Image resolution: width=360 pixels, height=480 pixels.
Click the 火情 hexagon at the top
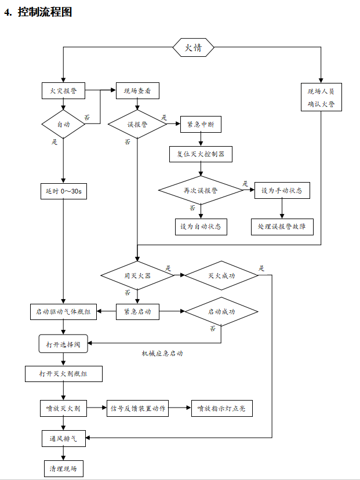pyautogui.click(x=193, y=48)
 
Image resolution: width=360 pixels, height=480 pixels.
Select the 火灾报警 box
pyautogui.click(x=64, y=91)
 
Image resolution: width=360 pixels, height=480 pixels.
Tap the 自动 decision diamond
pyautogui.click(x=64, y=124)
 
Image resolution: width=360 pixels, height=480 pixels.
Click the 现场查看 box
pyautogui.click(x=137, y=91)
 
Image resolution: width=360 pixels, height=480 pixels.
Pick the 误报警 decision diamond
pyautogui.click(x=137, y=124)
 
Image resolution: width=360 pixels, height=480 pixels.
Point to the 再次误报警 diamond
pyautogui.click(x=201, y=190)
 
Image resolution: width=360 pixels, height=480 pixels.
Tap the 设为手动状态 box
pyautogui.click(x=282, y=190)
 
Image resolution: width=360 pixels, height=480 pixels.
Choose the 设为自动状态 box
pyautogui.click(x=201, y=226)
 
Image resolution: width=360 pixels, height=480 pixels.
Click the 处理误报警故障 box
pyautogui.click(x=282, y=226)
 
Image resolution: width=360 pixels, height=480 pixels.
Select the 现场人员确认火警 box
pyautogui.click(x=321, y=98)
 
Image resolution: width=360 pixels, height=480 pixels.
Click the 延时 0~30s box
pyautogui.click(x=64, y=191)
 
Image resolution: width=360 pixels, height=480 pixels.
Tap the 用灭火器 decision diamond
pyautogui.click(x=137, y=275)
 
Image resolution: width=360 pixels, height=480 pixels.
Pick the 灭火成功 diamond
pyautogui.click(x=221, y=275)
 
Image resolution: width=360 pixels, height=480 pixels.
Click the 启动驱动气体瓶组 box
pyautogui.click(x=64, y=311)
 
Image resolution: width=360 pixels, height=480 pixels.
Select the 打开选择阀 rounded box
pyautogui.click(x=64, y=343)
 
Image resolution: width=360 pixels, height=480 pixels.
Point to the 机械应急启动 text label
pyautogui.click(x=162, y=353)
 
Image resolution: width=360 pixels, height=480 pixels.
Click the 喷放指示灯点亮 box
pyautogui.click(x=221, y=408)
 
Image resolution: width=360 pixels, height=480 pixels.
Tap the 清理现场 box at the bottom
pyautogui.click(x=64, y=468)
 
